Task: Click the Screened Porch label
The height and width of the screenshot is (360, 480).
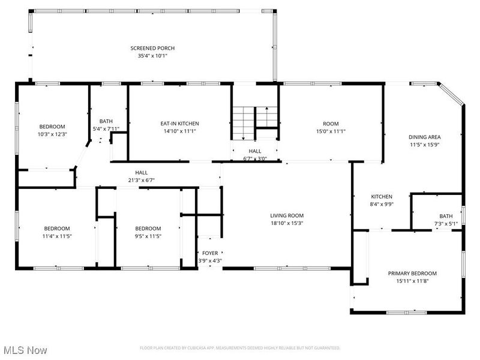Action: (x=153, y=48)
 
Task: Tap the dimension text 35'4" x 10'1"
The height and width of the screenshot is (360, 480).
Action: (x=153, y=56)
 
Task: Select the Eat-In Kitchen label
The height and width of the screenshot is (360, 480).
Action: (x=179, y=123)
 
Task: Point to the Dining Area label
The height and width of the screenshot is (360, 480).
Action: (x=425, y=137)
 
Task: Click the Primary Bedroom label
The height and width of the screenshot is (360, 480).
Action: (x=412, y=273)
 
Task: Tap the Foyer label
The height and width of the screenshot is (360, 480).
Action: (x=210, y=253)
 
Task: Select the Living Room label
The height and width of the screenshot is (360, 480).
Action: (x=287, y=215)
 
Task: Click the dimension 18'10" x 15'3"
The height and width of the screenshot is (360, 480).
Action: (x=287, y=223)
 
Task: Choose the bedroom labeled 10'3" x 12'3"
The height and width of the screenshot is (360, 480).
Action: (x=52, y=127)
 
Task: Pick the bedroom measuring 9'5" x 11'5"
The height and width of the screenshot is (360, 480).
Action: (x=148, y=229)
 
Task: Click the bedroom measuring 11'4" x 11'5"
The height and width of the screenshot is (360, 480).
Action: (x=56, y=229)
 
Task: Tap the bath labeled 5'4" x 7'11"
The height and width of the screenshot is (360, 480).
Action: (x=106, y=121)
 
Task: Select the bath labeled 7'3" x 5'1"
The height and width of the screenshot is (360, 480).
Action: (x=446, y=216)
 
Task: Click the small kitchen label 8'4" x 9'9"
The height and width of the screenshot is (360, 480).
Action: (x=382, y=197)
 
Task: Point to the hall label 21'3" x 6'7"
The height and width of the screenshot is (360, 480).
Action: (x=141, y=172)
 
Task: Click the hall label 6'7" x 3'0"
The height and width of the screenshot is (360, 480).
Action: (x=255, y=151)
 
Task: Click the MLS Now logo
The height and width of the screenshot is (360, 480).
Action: (x=25, y=349)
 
